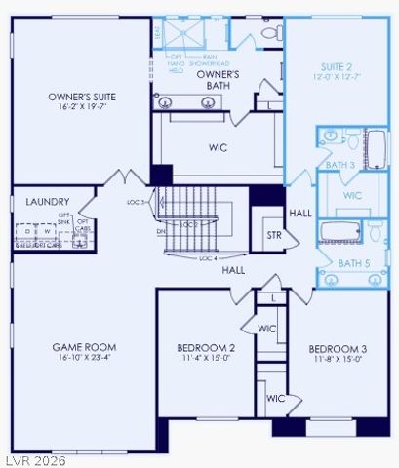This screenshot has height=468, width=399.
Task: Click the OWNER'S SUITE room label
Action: tap(82, 97)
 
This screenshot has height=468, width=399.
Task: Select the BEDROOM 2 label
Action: tap(205, 348)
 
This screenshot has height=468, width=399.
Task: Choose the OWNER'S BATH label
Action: tap(219, 80)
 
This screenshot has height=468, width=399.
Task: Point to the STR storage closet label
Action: tap(274, 235)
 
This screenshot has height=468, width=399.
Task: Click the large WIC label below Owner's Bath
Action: tap(219, 148)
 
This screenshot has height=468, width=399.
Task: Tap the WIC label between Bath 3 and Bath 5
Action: tap(352, 196)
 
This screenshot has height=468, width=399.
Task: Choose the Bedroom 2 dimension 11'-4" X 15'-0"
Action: tap(205, 360)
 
